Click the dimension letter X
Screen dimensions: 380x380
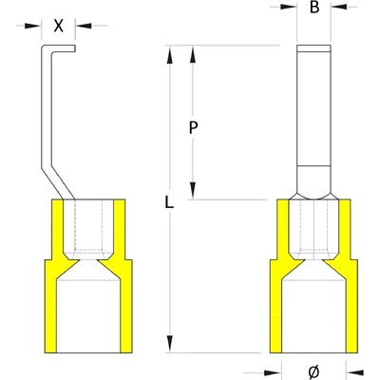point(58,26)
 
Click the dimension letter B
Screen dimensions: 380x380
point(314,7)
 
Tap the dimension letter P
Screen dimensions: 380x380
point(193,128)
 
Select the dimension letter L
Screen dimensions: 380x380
point(169,201)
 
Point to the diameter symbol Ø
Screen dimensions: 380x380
point(313,372)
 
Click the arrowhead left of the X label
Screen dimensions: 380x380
point(33,26)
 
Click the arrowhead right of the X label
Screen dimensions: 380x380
point(84,26)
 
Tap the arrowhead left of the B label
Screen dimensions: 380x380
point(289,7)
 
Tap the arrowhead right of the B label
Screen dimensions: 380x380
point(339,7)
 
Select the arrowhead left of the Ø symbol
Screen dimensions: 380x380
point(273,372)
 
